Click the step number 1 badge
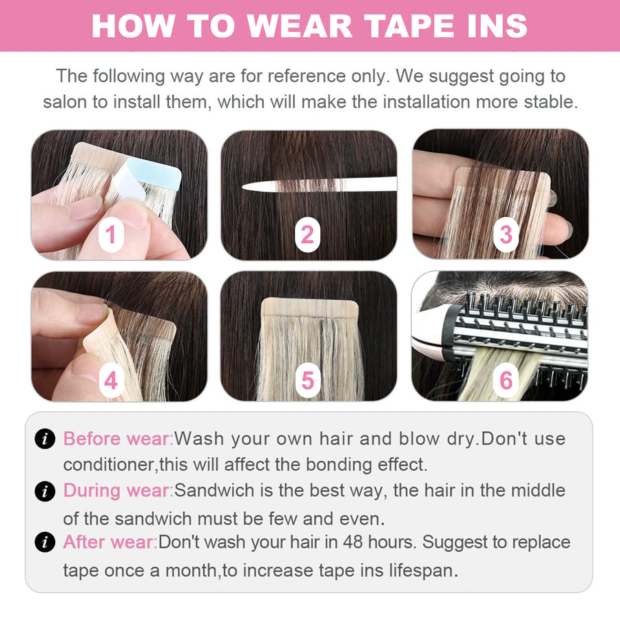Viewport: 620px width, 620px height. (x=110, y=236)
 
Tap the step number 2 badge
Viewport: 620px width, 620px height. (x=307, y=236)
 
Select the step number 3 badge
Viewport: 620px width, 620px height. (x=506, y=235)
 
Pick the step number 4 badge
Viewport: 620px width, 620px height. (x=110, y=380)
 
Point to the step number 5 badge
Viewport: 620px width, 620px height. (x=307, y=380)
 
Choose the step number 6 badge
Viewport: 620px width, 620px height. (x=506, y=380)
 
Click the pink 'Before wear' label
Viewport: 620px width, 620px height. (x=117, y=439)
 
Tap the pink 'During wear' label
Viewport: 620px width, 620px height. (x=117, y=490)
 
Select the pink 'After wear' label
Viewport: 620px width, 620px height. (x=110, y=542)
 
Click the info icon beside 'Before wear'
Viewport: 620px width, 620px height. (x=45, y=439)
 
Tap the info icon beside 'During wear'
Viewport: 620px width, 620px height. (x=45, y=490)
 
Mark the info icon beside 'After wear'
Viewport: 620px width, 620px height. (x=45, y=542)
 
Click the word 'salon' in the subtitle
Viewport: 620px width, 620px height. (x=65, y=102)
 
